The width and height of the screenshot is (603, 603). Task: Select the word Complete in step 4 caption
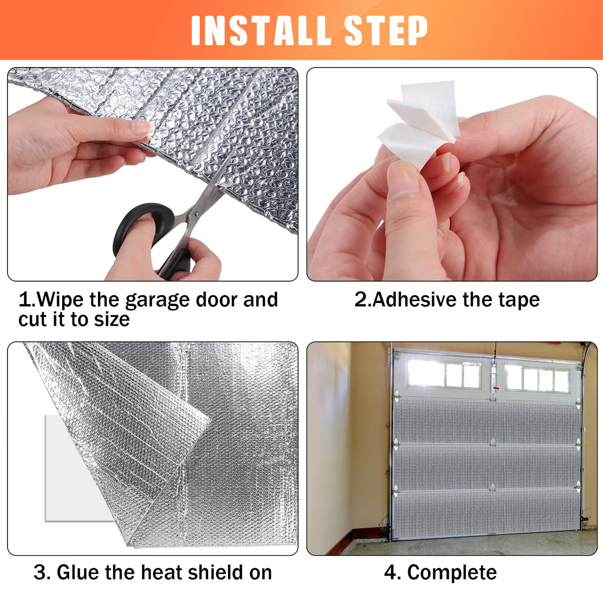(x=452, y=573)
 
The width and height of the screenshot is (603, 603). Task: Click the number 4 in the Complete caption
(x=392, y=573)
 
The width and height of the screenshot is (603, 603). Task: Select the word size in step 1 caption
(x=112, y=319)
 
